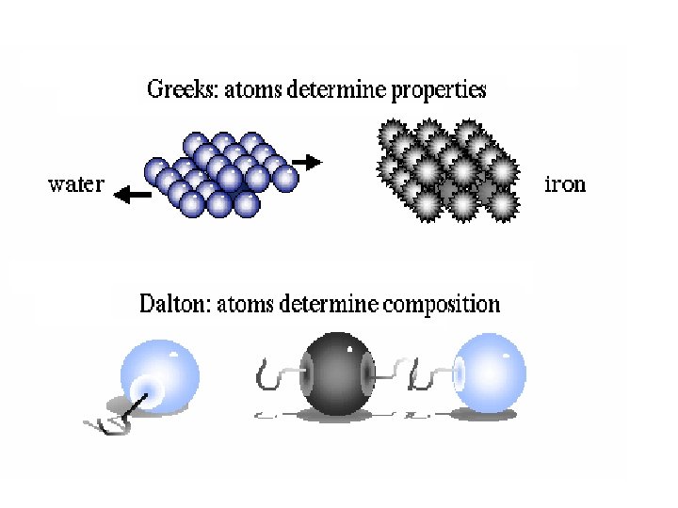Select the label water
pyautogui.click(x=76, y=183)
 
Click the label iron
pyautogui.click(x=565, y=183)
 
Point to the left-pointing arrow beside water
pyautogui.click(x=131, y=195)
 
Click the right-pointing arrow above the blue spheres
pyautogui.click(x=307, y=162)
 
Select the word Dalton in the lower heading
pyautogui.click(x=171, y=304)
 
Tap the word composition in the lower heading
pyautogui.click(x=442, y=304)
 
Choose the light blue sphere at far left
pyautogui.click(x=161, y=375)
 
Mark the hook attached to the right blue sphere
pyautogui.click(x=424, y=377)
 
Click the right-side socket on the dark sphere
pyautogui.click(x=366, y=375)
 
